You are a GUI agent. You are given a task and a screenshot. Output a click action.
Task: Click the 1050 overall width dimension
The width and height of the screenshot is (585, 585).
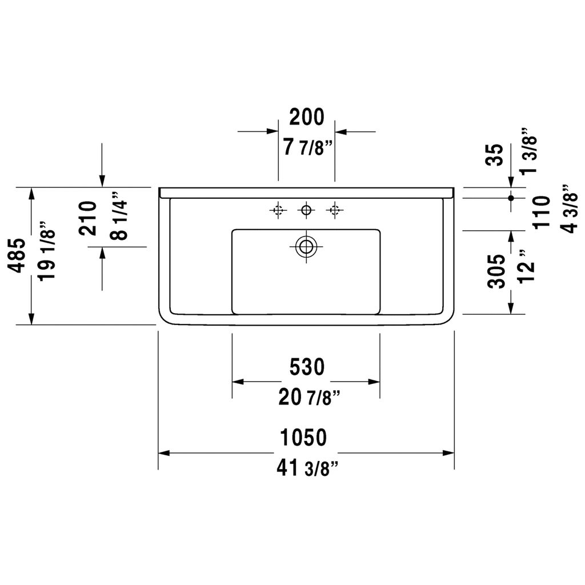(303, 438)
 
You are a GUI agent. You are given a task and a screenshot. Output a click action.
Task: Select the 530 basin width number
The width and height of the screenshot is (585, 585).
(307, 367)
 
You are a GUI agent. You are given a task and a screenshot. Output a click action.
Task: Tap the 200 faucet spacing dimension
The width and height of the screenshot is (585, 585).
(307, 117)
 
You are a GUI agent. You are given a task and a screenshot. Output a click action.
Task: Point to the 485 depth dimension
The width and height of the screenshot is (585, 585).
(17, 255)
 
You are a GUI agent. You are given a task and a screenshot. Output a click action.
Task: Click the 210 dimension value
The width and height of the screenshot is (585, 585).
(88, 218)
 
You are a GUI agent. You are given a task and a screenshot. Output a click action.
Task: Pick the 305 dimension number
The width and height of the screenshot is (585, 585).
(496, 271)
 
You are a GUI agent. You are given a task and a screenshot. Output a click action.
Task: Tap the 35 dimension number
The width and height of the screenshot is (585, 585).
(496, 154)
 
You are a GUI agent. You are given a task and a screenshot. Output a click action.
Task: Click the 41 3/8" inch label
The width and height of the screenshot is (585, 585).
(308, 468)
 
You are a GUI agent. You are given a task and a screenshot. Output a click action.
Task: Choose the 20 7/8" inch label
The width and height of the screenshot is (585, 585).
(309, 397)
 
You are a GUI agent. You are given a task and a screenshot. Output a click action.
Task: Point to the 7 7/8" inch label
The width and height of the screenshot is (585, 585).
(307, 147)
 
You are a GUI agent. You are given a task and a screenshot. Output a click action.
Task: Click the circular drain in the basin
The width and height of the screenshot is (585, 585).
(306, 247)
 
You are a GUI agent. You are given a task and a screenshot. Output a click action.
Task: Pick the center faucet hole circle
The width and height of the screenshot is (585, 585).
(306, 210)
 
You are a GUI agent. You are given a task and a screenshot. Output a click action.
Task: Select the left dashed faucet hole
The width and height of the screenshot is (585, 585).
(278, 210)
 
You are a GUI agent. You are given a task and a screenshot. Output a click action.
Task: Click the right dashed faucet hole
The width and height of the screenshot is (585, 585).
(335, 210)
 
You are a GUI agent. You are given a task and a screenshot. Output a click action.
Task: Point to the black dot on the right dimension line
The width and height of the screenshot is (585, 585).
(511, 197)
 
